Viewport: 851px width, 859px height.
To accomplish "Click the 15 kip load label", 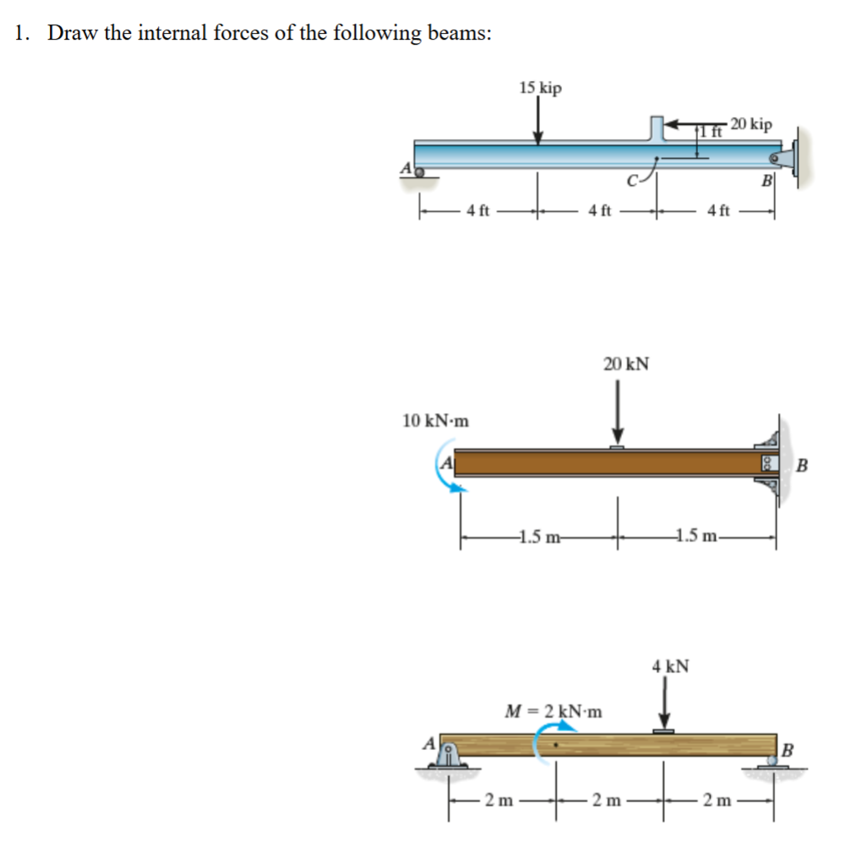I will (540, 88).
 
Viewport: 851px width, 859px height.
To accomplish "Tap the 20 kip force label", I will (751, 124).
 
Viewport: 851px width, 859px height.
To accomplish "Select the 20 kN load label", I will (626, 364).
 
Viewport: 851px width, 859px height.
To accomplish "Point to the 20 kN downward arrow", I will (618, 411).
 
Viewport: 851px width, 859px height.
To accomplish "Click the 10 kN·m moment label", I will (436, 420).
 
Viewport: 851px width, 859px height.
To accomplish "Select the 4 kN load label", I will (670, 666).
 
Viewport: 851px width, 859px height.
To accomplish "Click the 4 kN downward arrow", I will (665, 704).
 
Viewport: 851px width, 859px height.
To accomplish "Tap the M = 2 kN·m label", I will (554, 710).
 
